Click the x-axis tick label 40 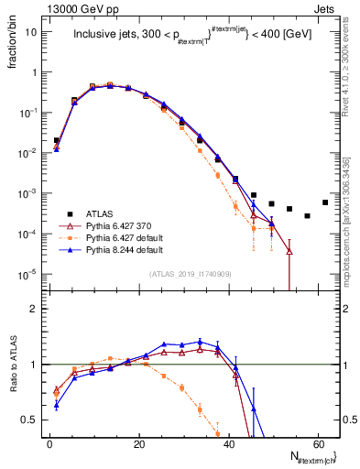pyautogui.click(x=228, y=443)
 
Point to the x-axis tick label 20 pyautogui.click(x=138, y=443)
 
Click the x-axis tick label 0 pyautogui.click(x=49, y=443)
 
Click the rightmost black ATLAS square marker pyautogui.click(x=325, y=202)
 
